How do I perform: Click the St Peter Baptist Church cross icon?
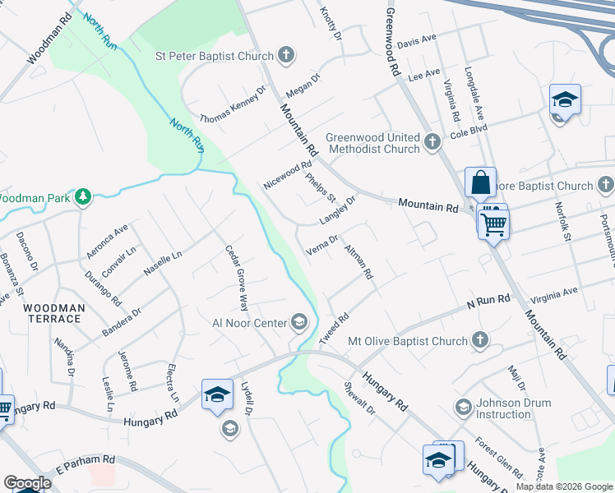[x=285, y=56]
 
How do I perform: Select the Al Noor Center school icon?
[x=298, y=322]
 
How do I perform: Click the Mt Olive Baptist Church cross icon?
[x=479, y=340]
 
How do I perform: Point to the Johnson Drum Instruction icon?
[x=463, y=407]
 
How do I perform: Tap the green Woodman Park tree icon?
[x=82, y=197]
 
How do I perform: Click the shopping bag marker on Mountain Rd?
[x=480, y=183]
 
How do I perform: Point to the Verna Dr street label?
[x=322, y=246]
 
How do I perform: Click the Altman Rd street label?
[x=359, y=261]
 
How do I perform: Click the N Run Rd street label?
[x=488, y=303]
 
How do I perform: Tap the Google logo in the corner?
[x=27, y=483]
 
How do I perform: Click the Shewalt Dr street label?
[x=359, y=397]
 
